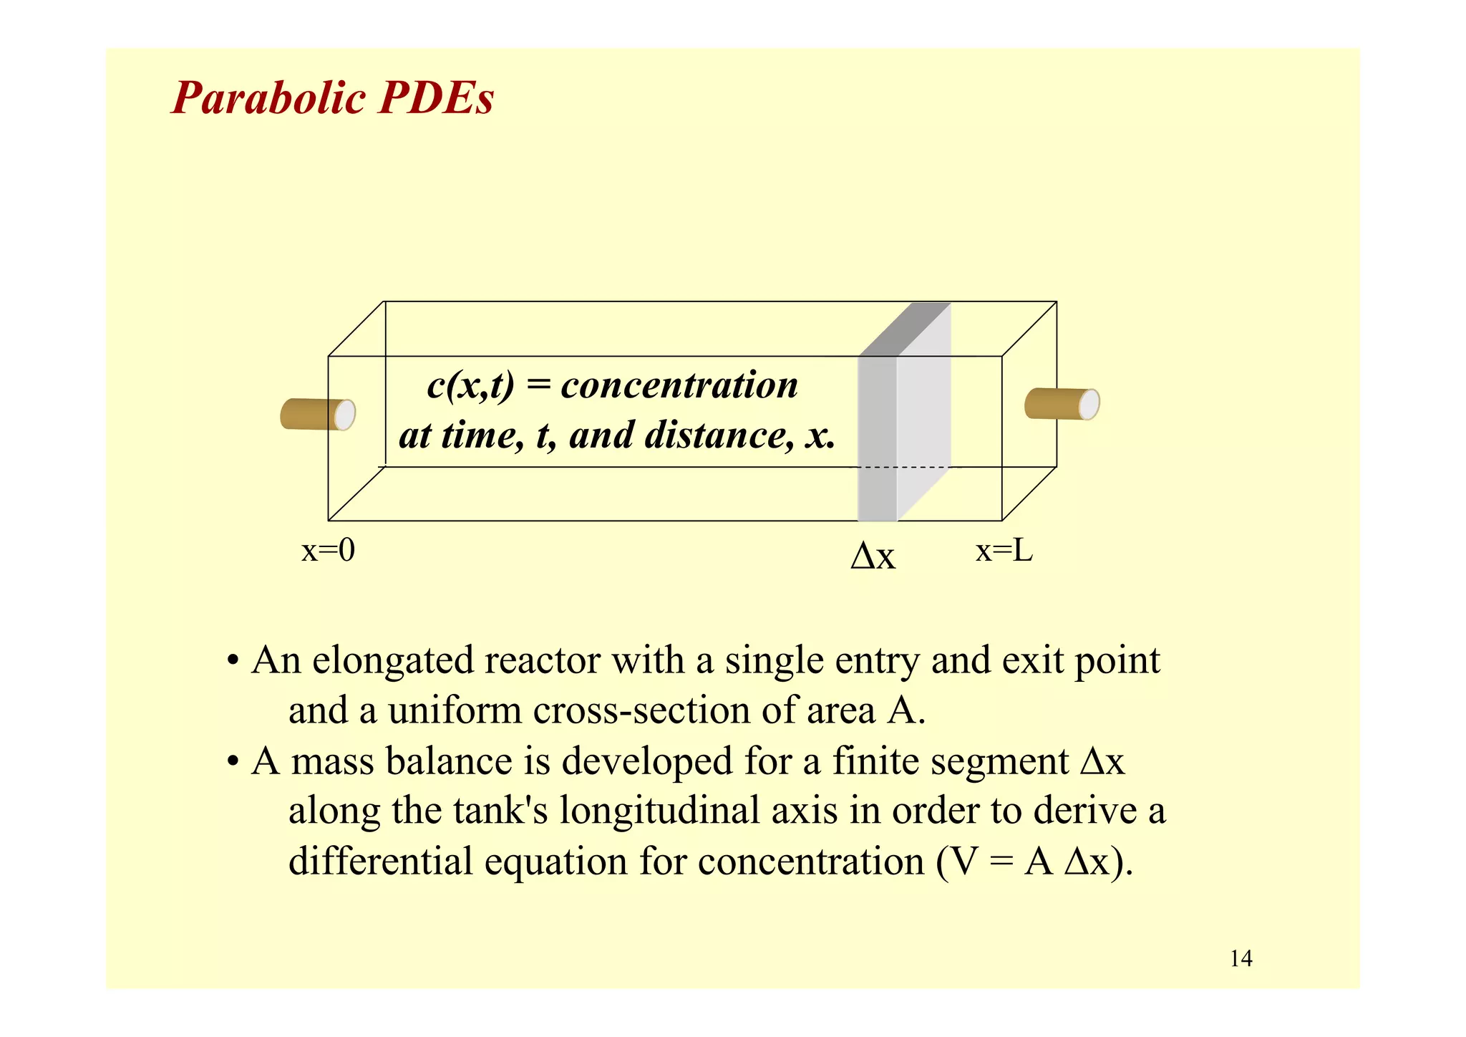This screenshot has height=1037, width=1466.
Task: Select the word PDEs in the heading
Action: pos(436,98)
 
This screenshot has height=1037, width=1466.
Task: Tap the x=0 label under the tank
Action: pos(328,551)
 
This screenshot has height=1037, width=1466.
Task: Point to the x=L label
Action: pos(1004,551)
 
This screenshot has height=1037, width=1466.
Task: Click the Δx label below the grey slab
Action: pos(873,556)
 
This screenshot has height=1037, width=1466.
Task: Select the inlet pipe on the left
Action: pos(312,414)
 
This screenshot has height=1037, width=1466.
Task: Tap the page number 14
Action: pos(1241,958)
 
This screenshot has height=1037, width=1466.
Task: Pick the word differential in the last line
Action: pos(380,861)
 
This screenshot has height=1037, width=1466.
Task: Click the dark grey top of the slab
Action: pos(906,329)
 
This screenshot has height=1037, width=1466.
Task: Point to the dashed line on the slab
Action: pos(902,467)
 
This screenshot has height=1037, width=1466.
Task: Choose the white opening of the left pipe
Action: pos(345,415)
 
